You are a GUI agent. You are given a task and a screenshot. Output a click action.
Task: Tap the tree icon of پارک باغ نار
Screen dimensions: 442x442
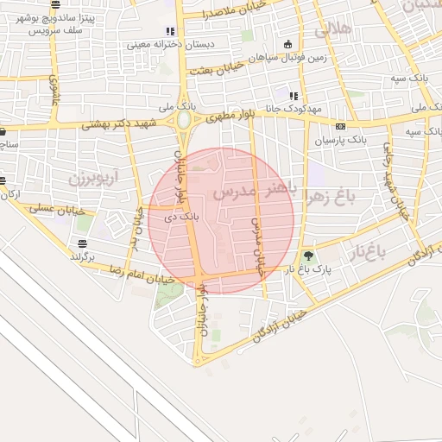click(x=308, y=256)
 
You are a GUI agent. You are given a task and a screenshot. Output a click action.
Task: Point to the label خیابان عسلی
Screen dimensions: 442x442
click(x=56, y=209)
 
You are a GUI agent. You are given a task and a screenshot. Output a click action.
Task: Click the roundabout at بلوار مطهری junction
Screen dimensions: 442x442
click(x=183, y=120)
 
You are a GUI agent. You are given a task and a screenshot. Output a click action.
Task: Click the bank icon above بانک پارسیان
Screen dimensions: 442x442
click(x=340, y=126)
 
